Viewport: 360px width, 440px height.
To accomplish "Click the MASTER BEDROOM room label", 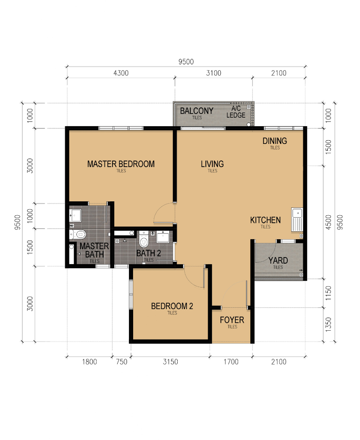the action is click(x=121, y=164).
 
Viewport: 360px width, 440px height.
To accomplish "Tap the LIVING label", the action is click(x=212, y=164).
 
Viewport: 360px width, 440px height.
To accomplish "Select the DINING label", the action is click(x=275, y=141).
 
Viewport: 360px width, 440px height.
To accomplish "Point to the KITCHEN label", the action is click(x=265, y=220).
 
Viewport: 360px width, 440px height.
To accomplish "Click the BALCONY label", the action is click(x=196, y=111).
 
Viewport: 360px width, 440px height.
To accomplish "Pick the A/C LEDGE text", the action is click(x=236, y=112).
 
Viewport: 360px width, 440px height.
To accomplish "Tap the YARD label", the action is click(x=278, y=261).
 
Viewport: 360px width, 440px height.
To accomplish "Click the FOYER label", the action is click(x=232, y=320).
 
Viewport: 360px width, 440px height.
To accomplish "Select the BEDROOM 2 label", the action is click(x=172, y=306).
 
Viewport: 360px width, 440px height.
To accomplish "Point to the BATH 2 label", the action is click(x=149, y=253).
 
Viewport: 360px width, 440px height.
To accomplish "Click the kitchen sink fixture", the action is click(x=297, y=220).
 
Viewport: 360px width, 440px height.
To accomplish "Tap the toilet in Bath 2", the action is click(x=143, y=239).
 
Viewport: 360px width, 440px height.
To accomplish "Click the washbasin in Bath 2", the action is click(x=163, y=237).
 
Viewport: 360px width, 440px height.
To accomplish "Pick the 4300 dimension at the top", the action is click(x=121, y=73).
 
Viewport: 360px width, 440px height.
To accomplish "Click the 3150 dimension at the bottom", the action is click(x=171, y=362).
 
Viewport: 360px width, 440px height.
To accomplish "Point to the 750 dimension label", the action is click(x=122, y=362).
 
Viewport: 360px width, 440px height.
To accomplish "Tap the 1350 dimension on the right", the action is click(x=328, y=325).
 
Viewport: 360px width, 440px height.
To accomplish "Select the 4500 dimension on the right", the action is click(x=328, y=222).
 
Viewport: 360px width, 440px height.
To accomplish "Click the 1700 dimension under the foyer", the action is click(x=231, y=362).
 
